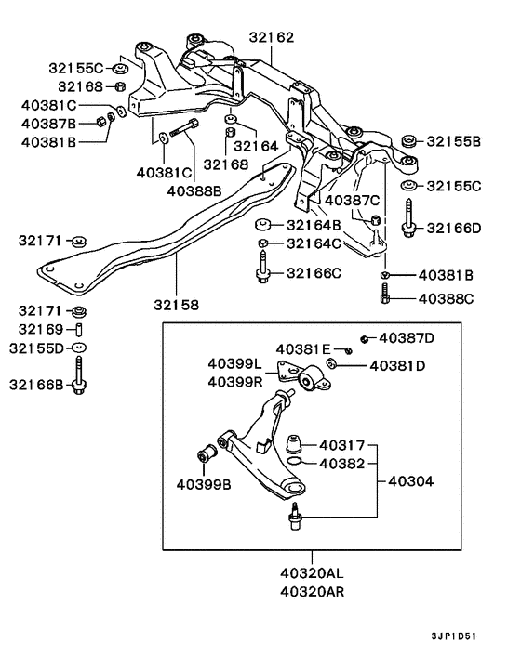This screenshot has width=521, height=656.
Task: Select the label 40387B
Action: pyautogui.click(x=47, y=123)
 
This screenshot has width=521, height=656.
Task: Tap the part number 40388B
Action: pyautogui.click(x=194, y=190)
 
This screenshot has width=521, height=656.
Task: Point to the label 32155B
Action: pyautogui.click(x=454, y=142)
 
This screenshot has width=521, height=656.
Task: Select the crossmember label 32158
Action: pyautogui.click(x=176, y=303)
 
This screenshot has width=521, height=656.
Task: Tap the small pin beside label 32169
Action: pyautogui.click(x=80, y=330)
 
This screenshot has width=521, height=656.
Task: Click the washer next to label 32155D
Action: pyautogui.click(x=80, y=348)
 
